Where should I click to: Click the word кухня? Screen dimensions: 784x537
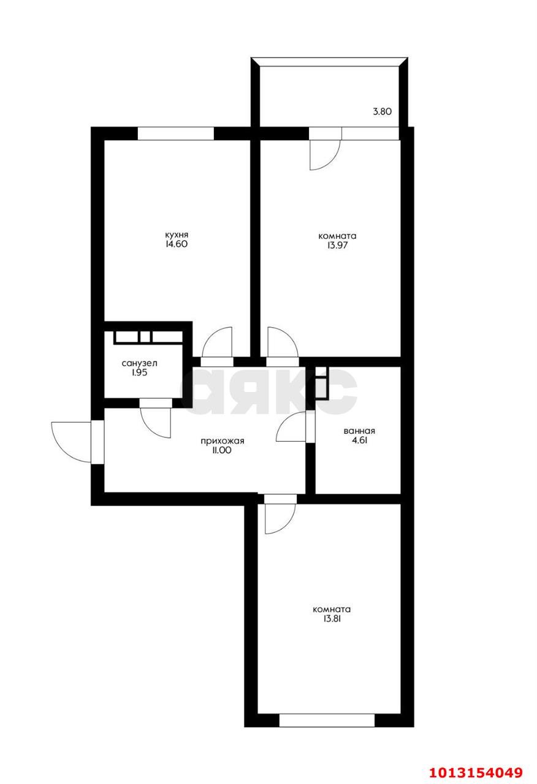coord(176,235)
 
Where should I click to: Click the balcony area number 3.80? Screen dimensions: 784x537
coord(382,112)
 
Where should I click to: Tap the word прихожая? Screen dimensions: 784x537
coord(223,440)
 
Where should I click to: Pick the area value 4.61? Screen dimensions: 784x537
coord(359,439)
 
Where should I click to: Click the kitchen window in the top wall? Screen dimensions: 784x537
coord(176,134)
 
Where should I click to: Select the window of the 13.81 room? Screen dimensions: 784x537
coord(327,720)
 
